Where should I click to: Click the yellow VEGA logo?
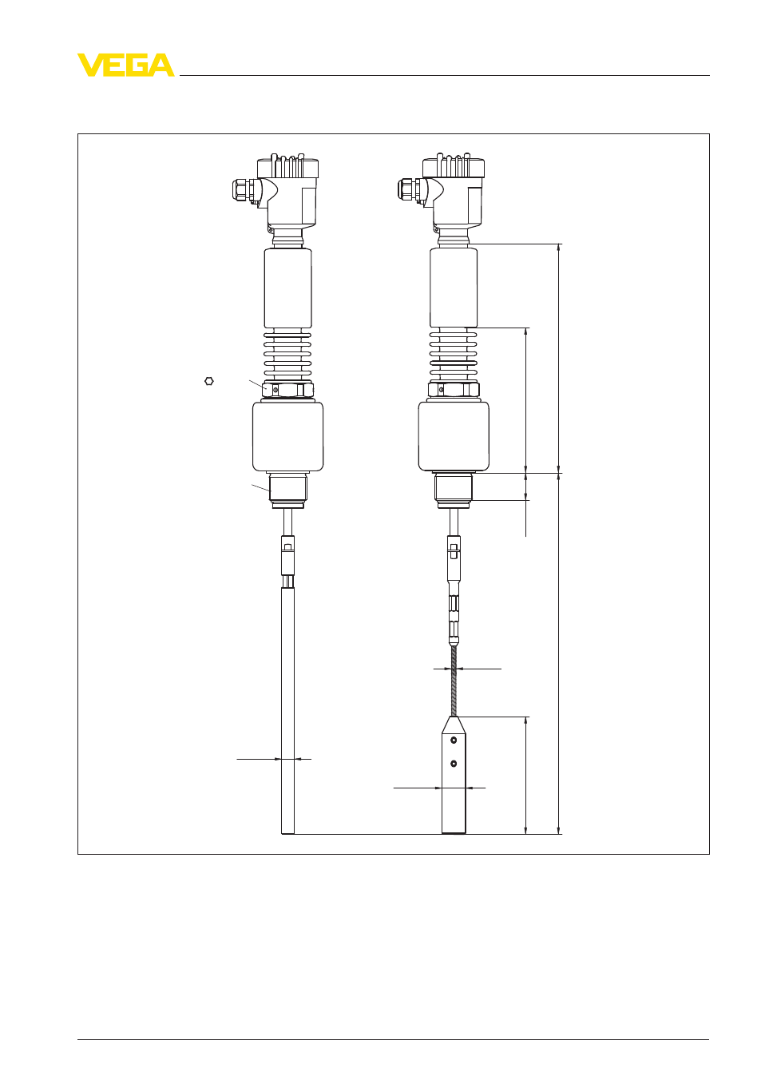(126, 65)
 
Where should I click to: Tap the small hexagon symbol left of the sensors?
(208, 381)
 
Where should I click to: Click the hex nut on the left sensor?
(287, 390)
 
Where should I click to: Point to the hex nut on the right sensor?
(454, 390)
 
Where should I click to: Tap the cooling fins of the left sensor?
(287, 355)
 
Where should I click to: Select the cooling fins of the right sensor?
(454, 355)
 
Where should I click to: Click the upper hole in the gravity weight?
(454, 740)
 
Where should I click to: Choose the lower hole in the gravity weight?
(454, 764)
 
